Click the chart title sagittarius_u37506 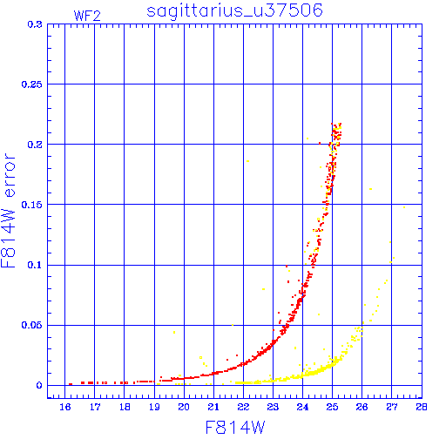coord(234,10)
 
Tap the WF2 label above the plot coord(87,16)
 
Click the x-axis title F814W coord(235,428)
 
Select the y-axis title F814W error coord(8,211)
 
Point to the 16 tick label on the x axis coord(65,407)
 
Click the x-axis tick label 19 coord(154,407)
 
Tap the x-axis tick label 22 coord(243,407)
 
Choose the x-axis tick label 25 coord(333,407)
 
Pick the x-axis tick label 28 coord(422,407)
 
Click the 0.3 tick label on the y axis coord(35,24)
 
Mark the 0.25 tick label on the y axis coord(31,84)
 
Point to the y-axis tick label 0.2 coord(35,145)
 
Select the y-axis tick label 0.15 coord(31,205)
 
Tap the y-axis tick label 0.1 coord(35,265)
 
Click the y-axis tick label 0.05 coord(31,325)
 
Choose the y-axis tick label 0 coord(39,385)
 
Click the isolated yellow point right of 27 coord(404,207)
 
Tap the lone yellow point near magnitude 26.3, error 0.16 coord(370,189)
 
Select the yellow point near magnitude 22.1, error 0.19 coord(247,161)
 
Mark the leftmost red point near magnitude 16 coord(71,384)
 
